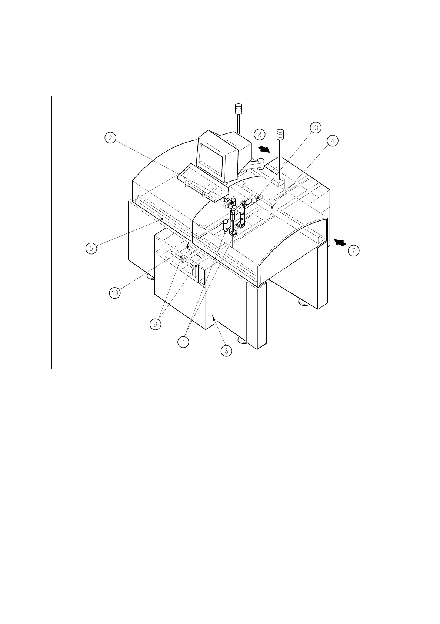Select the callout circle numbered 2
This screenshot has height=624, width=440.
pos(110,138)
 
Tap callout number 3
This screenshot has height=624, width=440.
pos(316,127)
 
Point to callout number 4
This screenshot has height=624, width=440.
pos(333,141)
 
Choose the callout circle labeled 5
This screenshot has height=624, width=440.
pos(91,248)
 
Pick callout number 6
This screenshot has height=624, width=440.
pos(226,351)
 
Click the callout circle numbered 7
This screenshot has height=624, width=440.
pos(353,251)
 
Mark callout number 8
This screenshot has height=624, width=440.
pos(260,134)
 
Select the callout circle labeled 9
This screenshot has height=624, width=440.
pos(155,324)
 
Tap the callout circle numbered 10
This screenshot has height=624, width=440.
pos(115,293)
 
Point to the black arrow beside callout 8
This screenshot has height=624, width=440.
pos(264,149)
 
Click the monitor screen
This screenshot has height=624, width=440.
pos(212,160)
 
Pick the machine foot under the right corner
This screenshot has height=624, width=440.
pos(304,303)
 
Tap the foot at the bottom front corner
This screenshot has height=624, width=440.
pos(243,340)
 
